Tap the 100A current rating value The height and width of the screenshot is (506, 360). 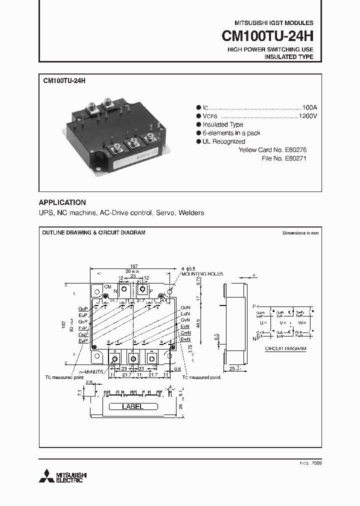click(310, 107)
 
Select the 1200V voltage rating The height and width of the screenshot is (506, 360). click(308, 115)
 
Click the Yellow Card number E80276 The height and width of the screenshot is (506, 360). click(295, 149)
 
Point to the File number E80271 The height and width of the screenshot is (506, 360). click(295, 158)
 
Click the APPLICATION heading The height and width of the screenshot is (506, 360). click(62, 202)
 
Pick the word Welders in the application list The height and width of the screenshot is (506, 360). click(191, 213)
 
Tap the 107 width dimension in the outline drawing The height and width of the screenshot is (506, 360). click(133, 266)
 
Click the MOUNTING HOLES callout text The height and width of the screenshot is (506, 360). click(202, 274)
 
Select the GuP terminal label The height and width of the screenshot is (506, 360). click(82, 309)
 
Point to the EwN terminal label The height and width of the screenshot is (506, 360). click(185, 339)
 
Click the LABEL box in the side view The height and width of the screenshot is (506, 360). click(132, 406)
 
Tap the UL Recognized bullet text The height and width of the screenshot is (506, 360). click(223, 141)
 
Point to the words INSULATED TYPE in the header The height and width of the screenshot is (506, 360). click(288, 57)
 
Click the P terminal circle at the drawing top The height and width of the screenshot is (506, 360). click(143, 290)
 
